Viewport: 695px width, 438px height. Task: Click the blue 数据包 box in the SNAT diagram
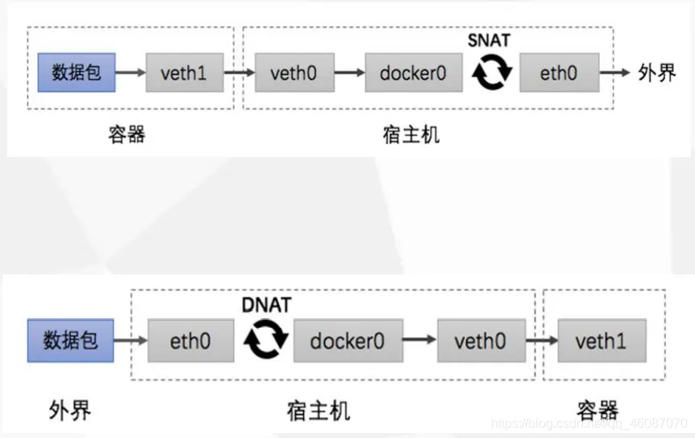[x=76, y=73]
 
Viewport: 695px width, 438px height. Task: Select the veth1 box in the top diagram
[x=184, y=74]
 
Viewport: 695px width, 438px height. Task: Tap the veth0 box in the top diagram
[x=293, y=74]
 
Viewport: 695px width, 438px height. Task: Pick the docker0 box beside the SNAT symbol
[x=414, y=74]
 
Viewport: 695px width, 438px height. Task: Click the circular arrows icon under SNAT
[x=492, y=74]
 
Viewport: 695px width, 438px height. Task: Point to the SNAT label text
[x=489, y=39]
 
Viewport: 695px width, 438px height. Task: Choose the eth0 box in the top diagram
[x=559, y=74]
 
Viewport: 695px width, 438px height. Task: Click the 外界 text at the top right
[x=656, y=73]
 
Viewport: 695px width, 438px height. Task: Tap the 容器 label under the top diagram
[x=127, y=134]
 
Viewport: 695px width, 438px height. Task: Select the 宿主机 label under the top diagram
[x=411, y=134]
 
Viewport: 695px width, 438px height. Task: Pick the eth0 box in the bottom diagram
[x=190, y=341]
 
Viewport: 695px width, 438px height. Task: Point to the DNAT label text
[x=266, y=304]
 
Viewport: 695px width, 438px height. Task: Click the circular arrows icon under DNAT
[x=266, y=341]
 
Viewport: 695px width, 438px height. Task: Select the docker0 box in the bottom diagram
[x=347, y=341]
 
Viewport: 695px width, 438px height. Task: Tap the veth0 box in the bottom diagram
[x=479, y=341]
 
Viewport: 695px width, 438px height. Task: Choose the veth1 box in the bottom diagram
[x=601, y=341]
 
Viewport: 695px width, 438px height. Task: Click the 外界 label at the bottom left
[x=69, y=411]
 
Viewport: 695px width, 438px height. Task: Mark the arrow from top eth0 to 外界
[x=617, y=73]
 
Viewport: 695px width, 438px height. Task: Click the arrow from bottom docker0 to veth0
[x=418, y=341]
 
